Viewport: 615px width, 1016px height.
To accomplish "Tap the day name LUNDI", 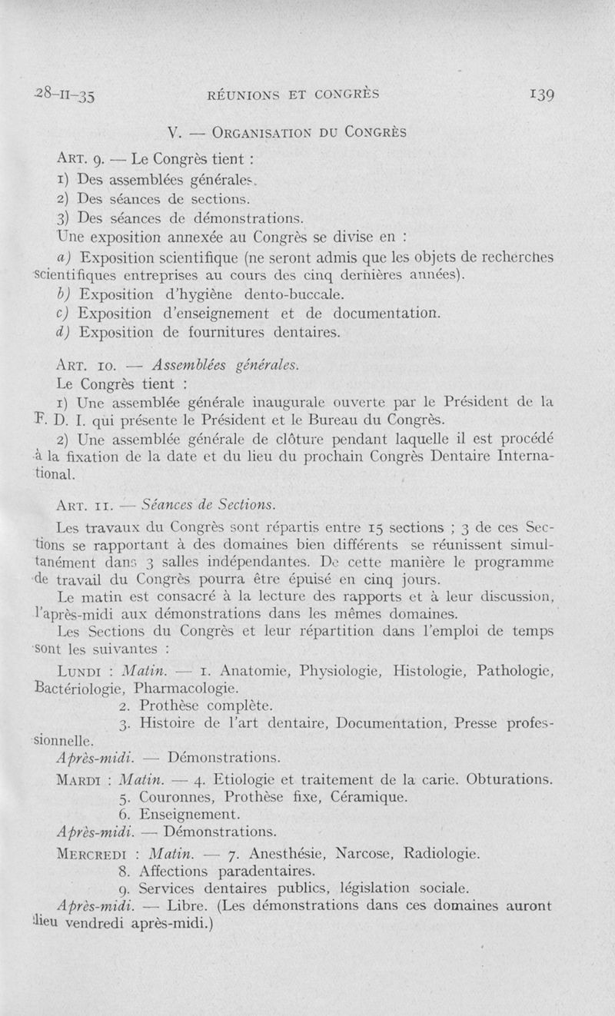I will (82, 671).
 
